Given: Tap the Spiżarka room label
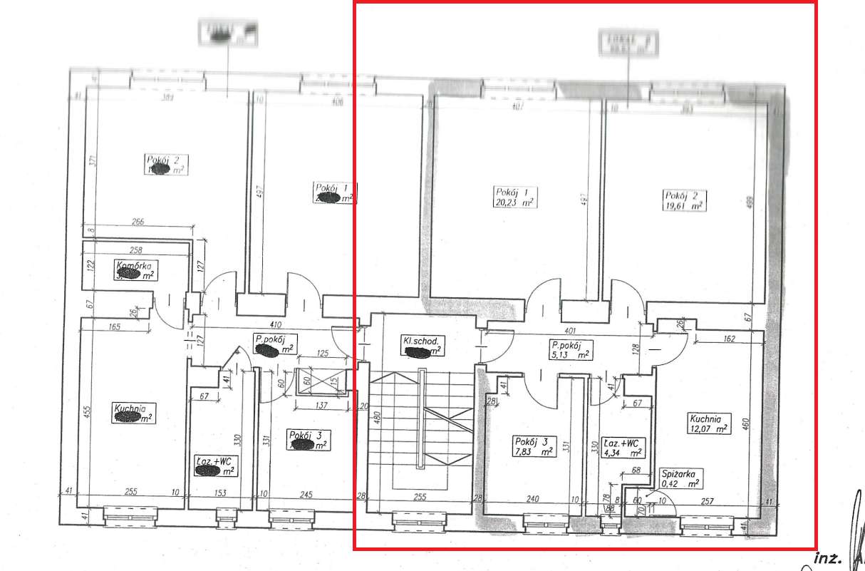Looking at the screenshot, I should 683,473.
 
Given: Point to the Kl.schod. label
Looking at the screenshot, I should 424,341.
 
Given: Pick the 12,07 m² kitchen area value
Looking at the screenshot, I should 708,429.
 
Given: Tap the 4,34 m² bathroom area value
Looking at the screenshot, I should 621,451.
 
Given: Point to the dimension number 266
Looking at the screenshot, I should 138,222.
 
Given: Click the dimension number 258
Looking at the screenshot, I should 136,250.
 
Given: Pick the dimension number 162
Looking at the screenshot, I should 727,339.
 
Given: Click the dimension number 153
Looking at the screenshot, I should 220,493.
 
